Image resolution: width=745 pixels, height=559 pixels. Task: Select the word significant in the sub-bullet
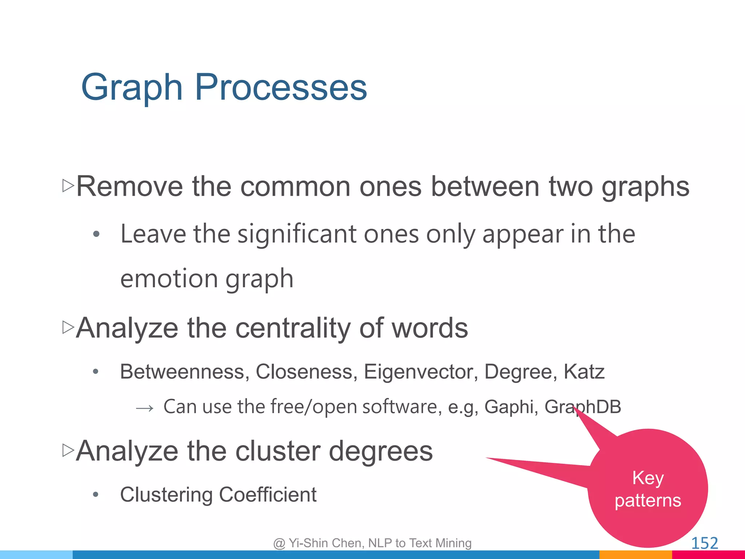(x=297, y=234)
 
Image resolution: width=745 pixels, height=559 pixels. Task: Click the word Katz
(x=584, y=372)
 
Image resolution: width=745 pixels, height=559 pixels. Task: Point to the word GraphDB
(x=583, y=407)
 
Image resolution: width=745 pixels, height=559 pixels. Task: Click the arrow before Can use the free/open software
(x=145, y=408)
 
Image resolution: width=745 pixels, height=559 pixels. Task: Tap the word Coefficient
(x=268, y=495)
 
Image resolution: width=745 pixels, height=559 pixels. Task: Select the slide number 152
(x=704, y=543)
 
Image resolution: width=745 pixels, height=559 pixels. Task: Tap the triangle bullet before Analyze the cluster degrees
(x=68, y=450)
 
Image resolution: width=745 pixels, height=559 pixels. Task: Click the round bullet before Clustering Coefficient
(x=96, y=494)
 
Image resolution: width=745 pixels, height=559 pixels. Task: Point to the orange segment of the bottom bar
(x=635, y=555)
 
